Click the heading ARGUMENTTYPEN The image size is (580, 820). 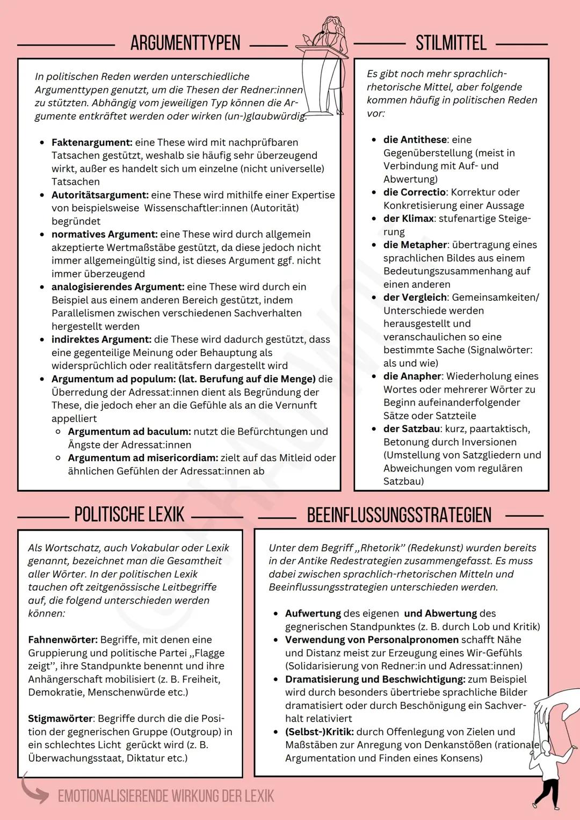[x=185, y=43]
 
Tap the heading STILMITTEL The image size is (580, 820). [x=451, y=43]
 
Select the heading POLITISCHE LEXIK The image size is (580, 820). [x=129, y=514]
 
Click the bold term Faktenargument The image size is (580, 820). [x=92, y=142]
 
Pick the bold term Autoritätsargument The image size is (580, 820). [x=100, y=195]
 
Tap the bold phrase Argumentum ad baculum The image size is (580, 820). [x=129, y=431]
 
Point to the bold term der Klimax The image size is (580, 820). [x=408, y=219]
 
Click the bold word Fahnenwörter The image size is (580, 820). [x=63, y=640]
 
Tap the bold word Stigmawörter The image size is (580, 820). [x=61, y=719]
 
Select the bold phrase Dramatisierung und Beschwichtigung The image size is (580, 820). [x=375, y=679]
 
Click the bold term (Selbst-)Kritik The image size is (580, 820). [x=320, y=732]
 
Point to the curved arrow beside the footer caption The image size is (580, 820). [x=34, y=789]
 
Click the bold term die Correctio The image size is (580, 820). [x=415, y=192]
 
